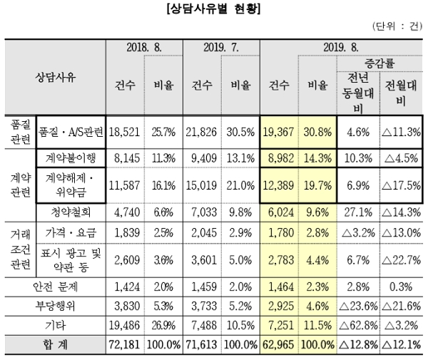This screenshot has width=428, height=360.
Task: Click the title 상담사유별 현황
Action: coord(213,10)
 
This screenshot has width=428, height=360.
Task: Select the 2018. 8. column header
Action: coord(145,47)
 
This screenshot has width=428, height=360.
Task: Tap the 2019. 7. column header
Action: coord(221,47)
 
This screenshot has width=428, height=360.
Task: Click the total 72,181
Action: coord(126,344)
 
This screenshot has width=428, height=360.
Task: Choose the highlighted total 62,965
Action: coord(279,344)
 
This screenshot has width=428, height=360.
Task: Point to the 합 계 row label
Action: coord(56,344)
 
